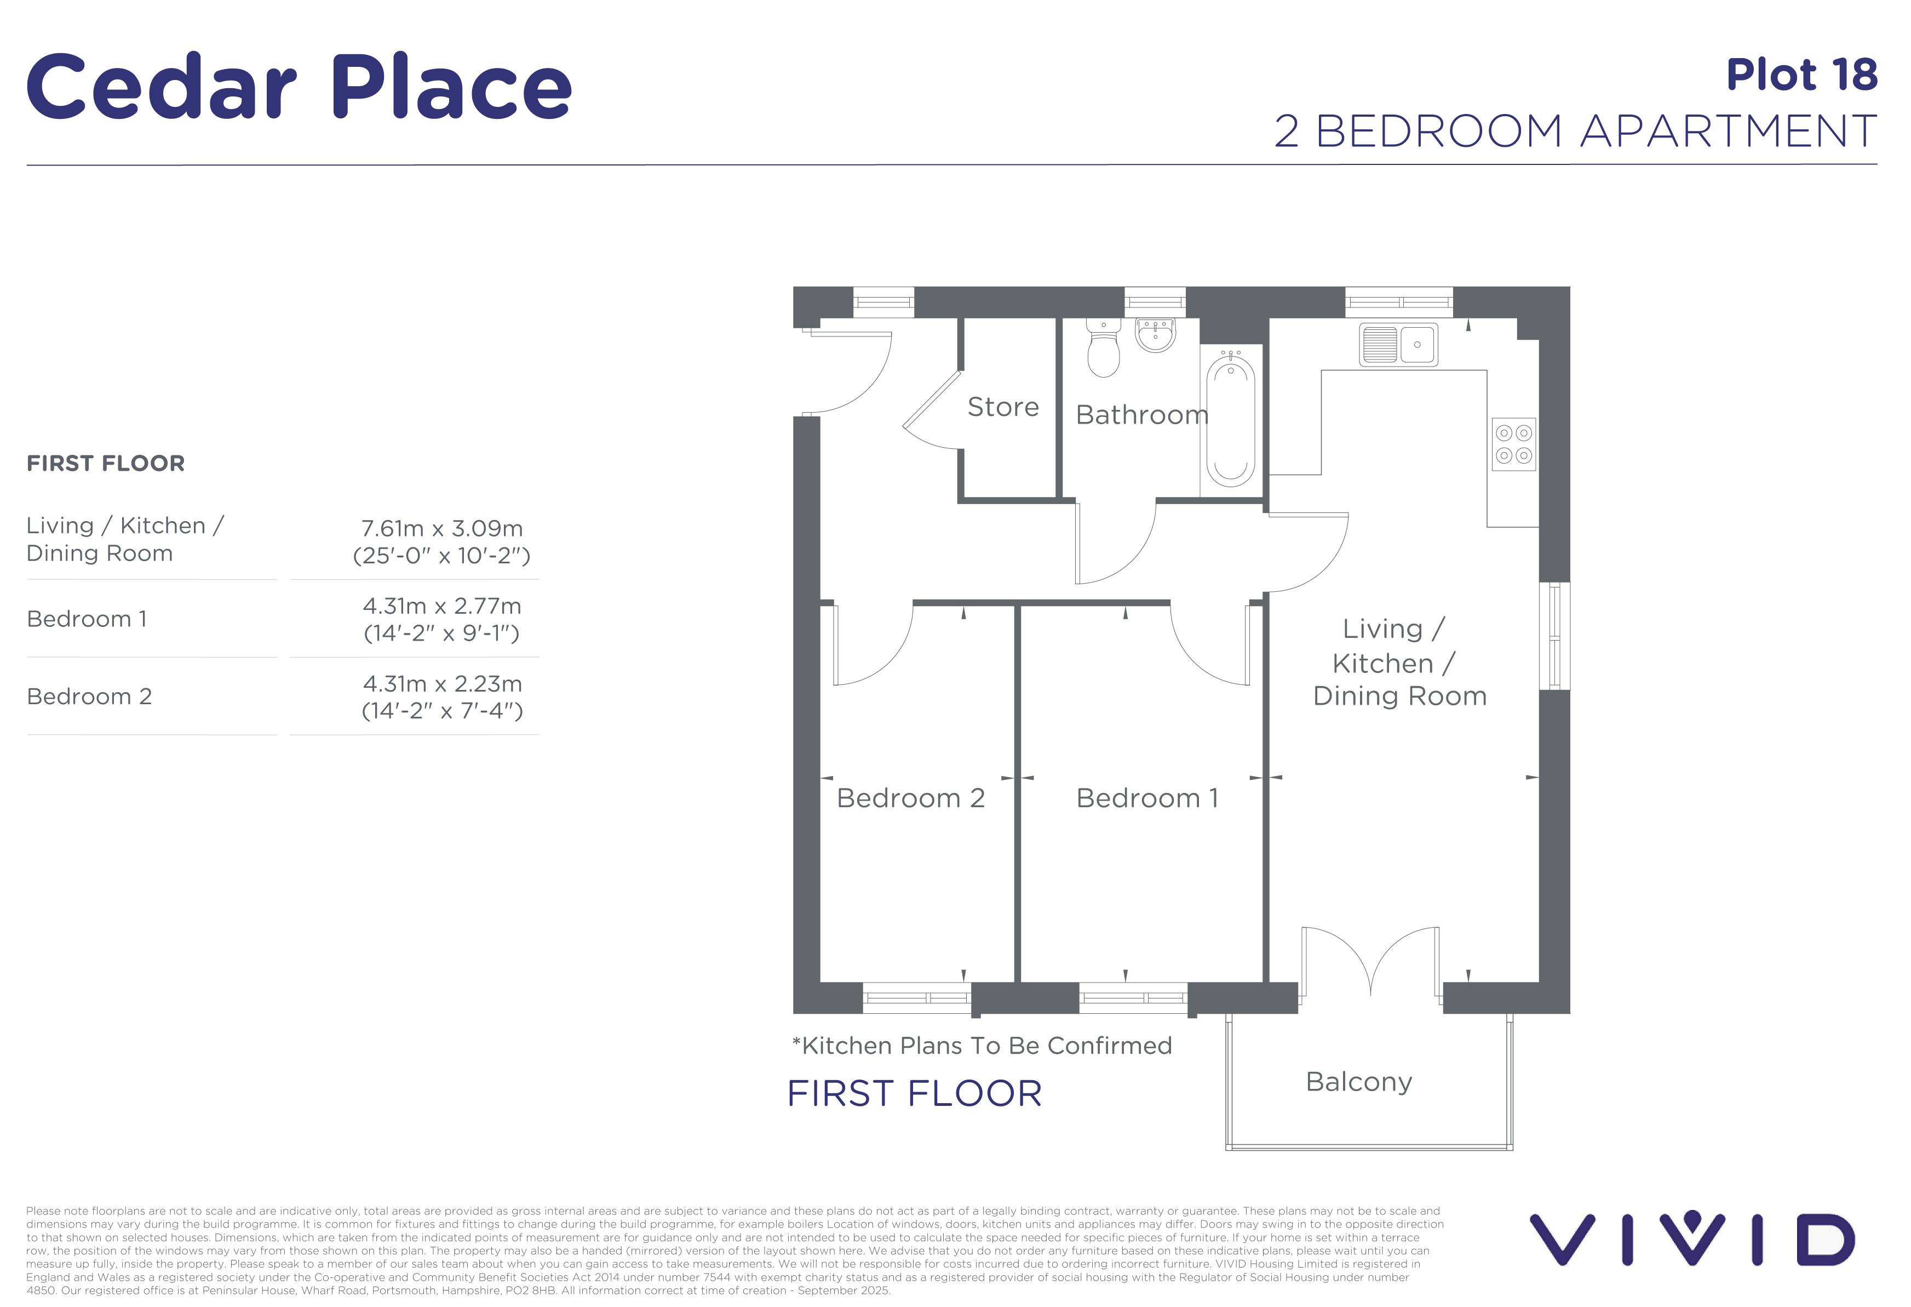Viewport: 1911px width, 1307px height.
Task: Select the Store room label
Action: point(1003,407)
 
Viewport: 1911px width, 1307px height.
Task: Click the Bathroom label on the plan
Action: point(1142,414)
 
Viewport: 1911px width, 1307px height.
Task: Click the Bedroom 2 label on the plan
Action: point(910,798)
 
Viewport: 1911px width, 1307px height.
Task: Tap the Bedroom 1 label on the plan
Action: point(1147,798)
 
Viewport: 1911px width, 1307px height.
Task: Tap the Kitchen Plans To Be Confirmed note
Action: point(982,1046)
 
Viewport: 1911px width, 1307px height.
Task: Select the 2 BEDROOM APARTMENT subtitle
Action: point(1575,132)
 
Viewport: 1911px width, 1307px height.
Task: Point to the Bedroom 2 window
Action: point(917,998)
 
